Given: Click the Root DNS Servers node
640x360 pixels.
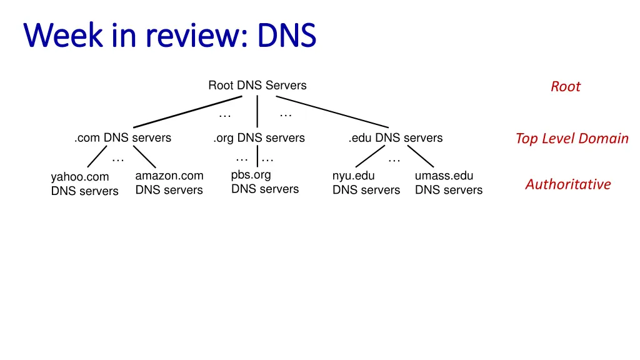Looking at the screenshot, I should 257,86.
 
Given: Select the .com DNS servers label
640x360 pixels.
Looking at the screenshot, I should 122,138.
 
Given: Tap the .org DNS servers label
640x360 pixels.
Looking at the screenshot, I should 259,138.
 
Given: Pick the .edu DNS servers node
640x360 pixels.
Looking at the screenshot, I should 396,138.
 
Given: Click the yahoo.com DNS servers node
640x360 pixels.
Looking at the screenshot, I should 84,184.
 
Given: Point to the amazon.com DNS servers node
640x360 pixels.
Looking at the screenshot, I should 169,183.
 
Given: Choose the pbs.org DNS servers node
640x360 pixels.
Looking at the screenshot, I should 265,182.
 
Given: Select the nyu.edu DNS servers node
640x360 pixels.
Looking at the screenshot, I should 366,183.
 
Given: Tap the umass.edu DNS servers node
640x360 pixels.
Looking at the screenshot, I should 449,183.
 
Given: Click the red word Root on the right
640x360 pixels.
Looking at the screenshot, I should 566,87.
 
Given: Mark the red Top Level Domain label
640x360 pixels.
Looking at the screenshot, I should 572,139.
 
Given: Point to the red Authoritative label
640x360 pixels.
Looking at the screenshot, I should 568,184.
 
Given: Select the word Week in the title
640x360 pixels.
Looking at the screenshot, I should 62,36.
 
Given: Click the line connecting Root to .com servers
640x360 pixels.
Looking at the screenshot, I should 187,112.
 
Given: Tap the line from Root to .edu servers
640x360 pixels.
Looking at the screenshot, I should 332,112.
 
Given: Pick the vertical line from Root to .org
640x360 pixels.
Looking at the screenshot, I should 257,111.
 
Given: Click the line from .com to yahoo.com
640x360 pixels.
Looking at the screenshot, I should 97,157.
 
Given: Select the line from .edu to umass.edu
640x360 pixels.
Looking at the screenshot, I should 421,157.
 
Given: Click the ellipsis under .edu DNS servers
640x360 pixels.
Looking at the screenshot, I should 394,159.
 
